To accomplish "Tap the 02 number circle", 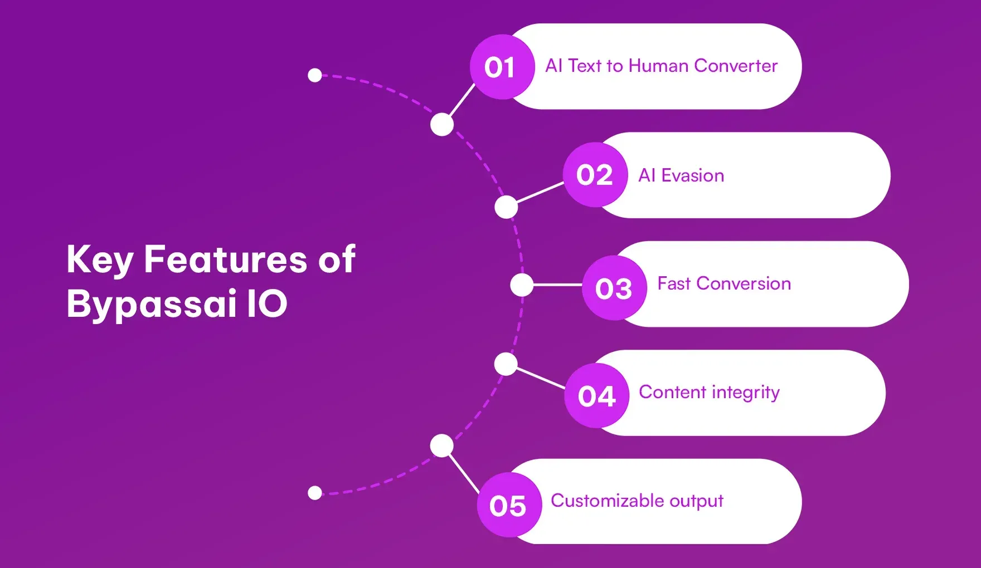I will click(x=595, y=175).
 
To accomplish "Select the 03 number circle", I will click(x=614, y=288).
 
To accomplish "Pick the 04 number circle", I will click(x=597, y=396).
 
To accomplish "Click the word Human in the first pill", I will click(x=658, y=66).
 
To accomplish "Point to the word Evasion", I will click(x=692, y=175).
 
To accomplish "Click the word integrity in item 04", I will click(x=745, y=393).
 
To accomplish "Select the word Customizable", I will click(x=607, y=501).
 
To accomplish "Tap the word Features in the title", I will click(x=225, y=259).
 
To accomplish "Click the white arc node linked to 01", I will click(x=442, y=124).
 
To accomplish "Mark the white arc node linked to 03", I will click(x=522, y=285).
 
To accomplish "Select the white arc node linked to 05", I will click(x=442, y=445).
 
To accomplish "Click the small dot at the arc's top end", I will click(x=315, y=75).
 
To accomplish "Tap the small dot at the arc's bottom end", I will click(x=315, y=493).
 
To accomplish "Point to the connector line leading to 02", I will click(x=540, y=192).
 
